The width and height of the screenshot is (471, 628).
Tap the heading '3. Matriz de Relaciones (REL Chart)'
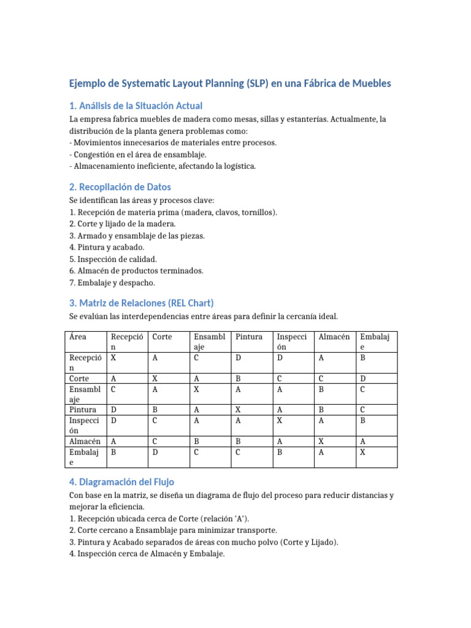(x=141, y=303)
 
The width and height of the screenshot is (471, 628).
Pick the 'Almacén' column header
(x=334, y=337)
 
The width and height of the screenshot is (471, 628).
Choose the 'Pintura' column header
(x=249, y=337)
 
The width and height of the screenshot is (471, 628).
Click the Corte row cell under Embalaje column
(x=363, y=379)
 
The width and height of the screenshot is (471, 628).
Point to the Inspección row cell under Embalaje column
(x=363, y=420)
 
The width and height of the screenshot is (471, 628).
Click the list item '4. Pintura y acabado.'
(x=107, y=247)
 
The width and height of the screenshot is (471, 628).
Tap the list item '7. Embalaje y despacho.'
(x=113, y=283)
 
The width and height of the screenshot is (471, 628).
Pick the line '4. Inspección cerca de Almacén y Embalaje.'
(x=147, y=554)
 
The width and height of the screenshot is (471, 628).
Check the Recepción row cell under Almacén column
(x=321, y=358)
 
